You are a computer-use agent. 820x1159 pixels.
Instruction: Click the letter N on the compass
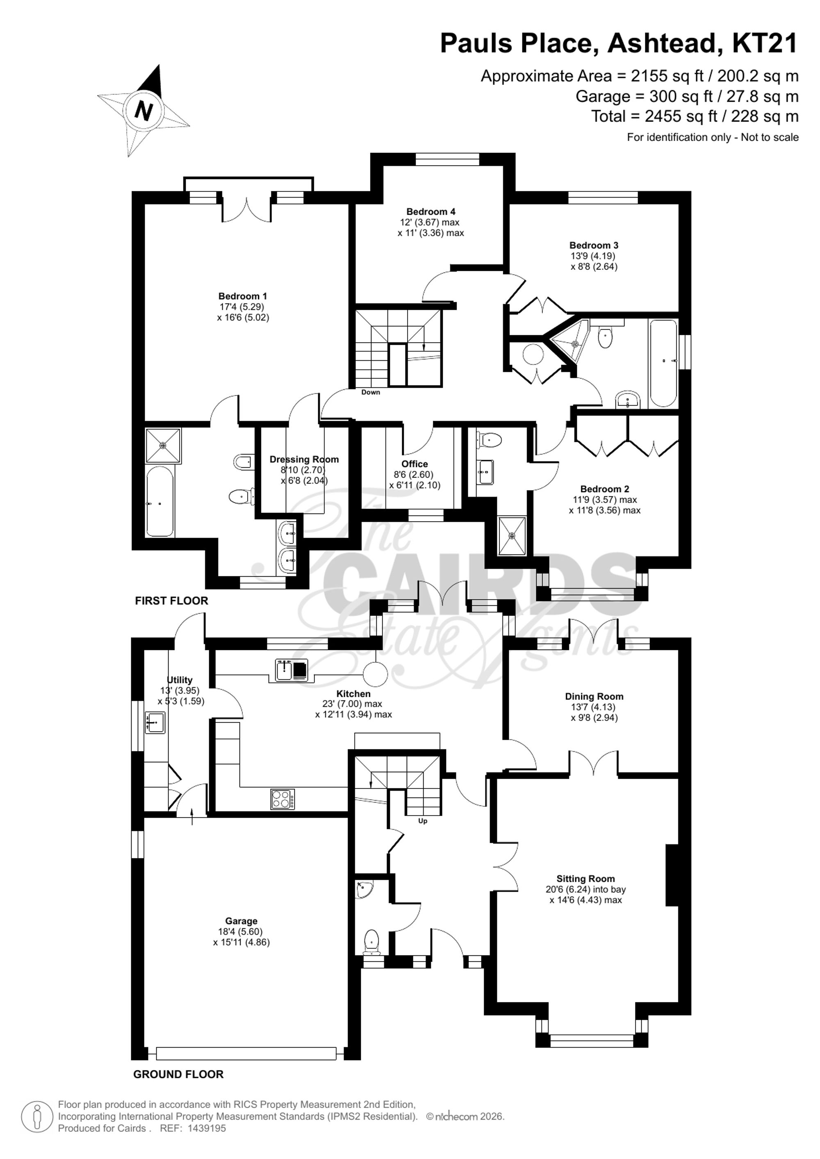144,110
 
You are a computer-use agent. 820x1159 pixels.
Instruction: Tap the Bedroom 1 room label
242,296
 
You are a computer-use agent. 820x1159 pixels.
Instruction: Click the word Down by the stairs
371,392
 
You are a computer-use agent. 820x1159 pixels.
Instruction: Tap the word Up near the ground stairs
423,821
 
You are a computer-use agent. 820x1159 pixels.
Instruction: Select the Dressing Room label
304,459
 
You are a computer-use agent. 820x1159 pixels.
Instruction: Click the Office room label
415,464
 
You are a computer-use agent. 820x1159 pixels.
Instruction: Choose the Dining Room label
594,697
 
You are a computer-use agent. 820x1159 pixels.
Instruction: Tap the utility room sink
155,723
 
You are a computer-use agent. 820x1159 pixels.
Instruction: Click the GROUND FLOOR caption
178,1074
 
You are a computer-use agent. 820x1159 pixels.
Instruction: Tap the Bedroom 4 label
430,211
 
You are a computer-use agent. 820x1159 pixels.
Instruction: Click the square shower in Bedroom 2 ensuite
512,536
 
